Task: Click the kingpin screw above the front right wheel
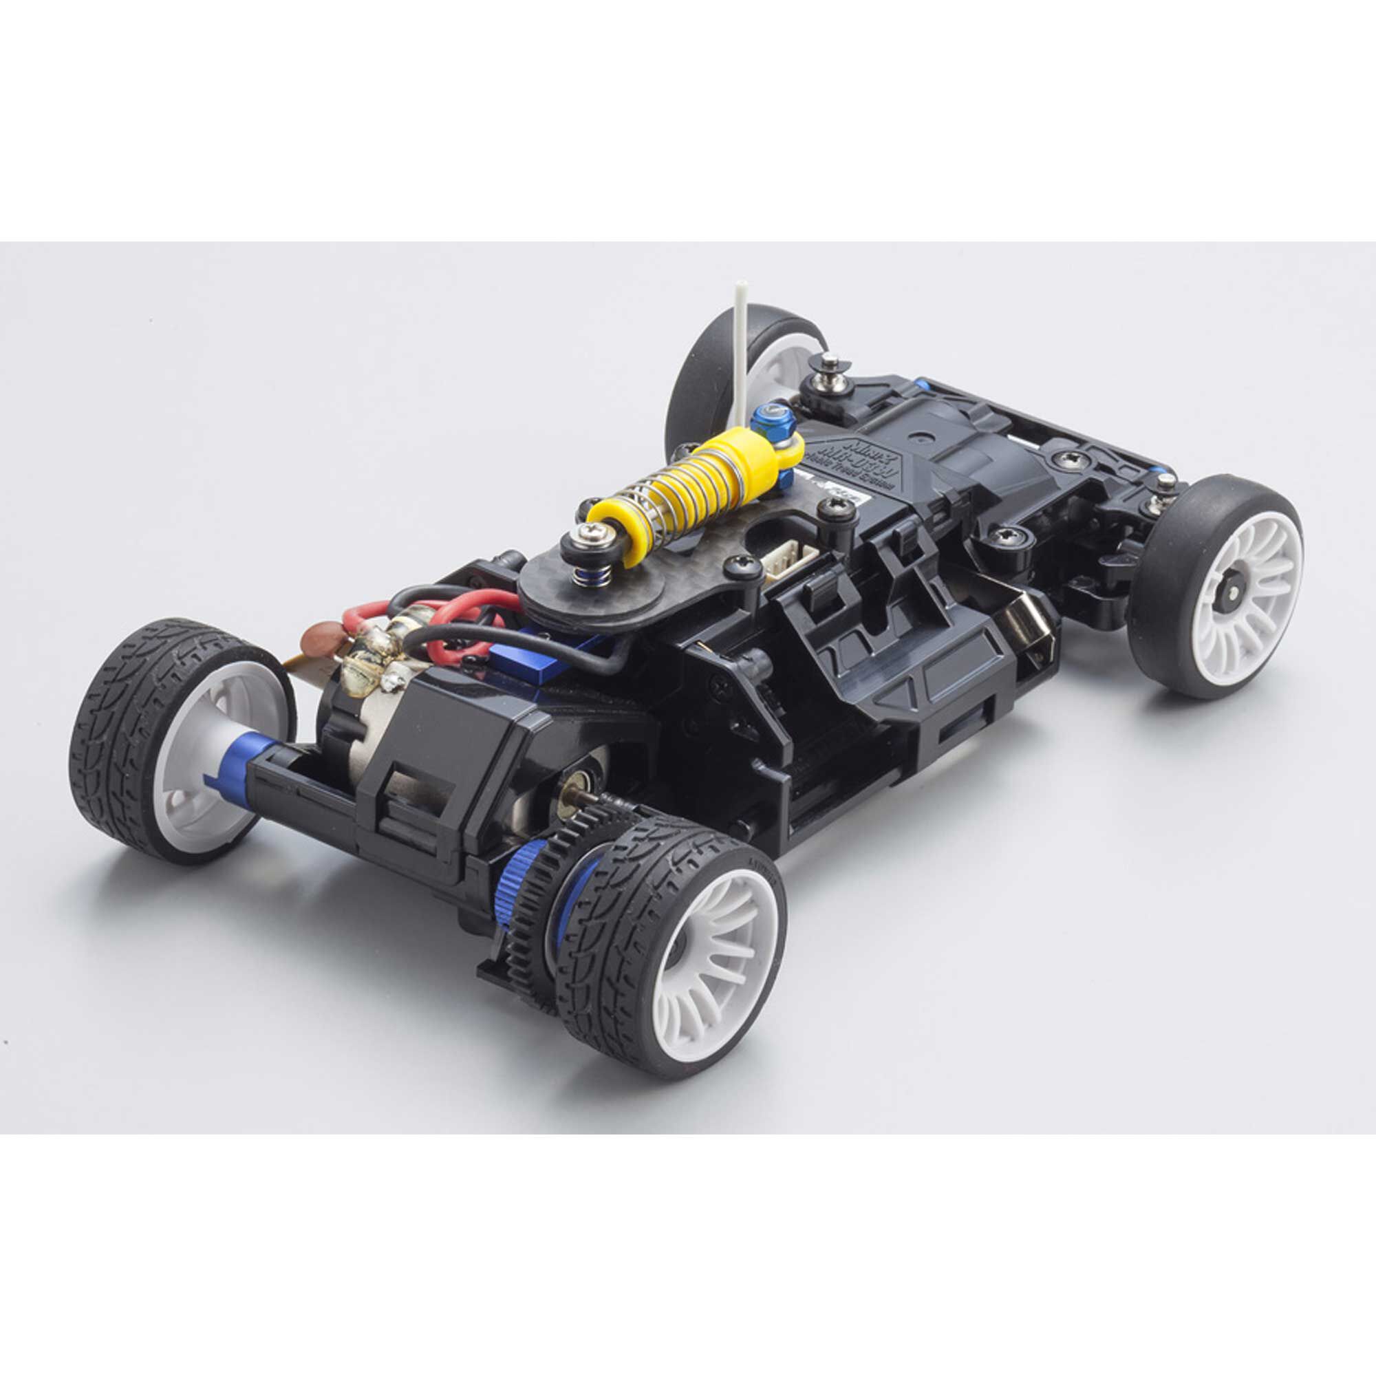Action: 1165,482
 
